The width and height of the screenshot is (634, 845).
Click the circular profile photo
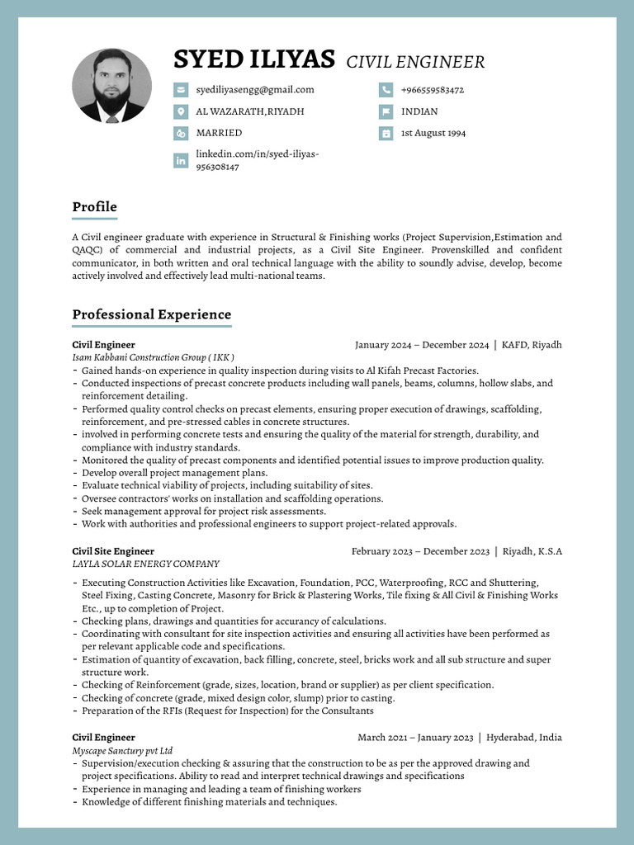pyautogui.click(x=111, y=86)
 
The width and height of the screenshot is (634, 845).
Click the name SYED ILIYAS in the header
pyautogui.click(x=253, y=59)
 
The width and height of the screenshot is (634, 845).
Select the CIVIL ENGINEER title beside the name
pyautogui.click(x=415, y=62)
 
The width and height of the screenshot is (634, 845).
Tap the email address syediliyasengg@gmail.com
pyautogui.click(x=254, y=90)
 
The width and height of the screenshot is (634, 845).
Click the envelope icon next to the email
pyautogui.click(x=181, y=90)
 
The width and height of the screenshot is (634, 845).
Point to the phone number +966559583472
pyautogui.click(x=432, y=90)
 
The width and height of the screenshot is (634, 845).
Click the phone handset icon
pyautogui.click(x=386, y=90)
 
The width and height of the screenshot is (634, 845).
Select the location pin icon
pyautogui.click(x=181, y=111)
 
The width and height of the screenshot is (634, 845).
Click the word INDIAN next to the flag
pyautogui.click(x=419, y=111)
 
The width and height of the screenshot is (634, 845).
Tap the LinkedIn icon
pyautogui.click(x=181, y=161)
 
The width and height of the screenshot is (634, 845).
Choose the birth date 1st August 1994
pyautogui.click(x=433, y=133)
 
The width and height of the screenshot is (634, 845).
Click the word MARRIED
pyautogui.click(x=219, y=133)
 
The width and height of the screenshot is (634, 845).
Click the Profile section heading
pyautogui.click(x=94, y=207)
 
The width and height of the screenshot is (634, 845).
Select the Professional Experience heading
pyautogui.click(x=151, y=314)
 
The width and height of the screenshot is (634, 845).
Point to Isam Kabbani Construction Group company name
pyautogui.click(x=154, y=357)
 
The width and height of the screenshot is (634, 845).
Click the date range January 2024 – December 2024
pyautogui.click(x=422, y=345)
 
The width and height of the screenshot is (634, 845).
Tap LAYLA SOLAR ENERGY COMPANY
pyautogui.click(x=145, y=564)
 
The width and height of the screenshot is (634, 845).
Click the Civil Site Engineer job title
pyautogui.click(x=113, y=551)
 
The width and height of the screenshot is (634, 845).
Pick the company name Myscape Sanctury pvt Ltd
pyautogui.click(x=122, y=751)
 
